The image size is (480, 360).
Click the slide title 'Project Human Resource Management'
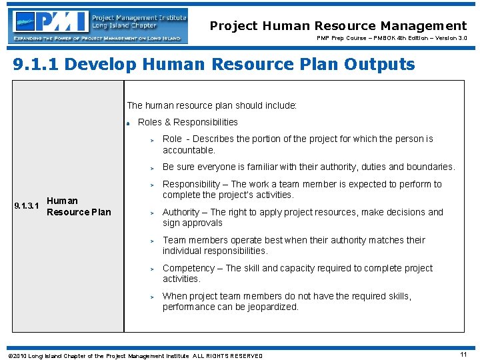(x=338, y=26)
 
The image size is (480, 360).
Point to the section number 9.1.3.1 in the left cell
(x=27, y=206)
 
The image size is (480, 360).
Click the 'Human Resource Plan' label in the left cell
(x=79, y=206)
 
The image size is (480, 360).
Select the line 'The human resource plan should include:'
(x=212, y=105)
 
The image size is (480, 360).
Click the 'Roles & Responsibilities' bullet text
(x=187, y=122)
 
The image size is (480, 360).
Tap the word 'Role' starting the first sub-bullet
(x=172, y=139)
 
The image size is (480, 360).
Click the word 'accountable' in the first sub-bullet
(x=189, y=150)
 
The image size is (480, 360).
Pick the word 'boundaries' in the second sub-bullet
(x=431, y=167)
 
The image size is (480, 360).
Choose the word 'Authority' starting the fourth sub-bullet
(x=181, y=212)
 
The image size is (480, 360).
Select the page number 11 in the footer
(x=463, y=355)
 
